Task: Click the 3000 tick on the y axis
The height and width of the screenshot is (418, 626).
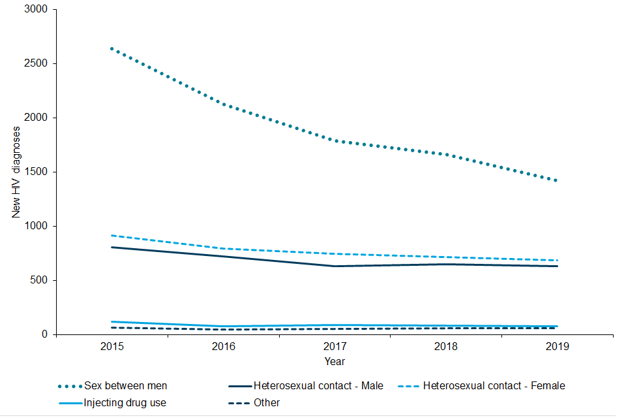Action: tap(36, 10)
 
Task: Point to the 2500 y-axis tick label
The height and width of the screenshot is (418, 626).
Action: tap(36, 64)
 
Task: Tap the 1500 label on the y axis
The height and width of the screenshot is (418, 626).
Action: tap(36, 172)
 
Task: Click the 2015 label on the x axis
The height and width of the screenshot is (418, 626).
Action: tap(112, 346)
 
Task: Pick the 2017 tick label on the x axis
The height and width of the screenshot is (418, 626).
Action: tap(335, 346)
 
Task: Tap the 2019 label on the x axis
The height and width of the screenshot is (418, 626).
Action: tap(557, 346)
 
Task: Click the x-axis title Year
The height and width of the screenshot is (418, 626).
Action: tap(335, 361)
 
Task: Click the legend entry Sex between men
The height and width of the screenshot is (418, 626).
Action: tap(126, 386)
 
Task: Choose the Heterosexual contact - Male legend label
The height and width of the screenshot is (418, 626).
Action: tap(318, 386)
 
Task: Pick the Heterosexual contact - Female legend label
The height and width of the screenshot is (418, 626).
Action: tap(494, 386)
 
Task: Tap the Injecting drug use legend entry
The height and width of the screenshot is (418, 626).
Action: tap(125, 403)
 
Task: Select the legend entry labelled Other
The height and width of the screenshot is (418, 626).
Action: tap(267, 403)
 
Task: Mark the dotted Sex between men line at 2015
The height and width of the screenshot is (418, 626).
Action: tap(112, 49)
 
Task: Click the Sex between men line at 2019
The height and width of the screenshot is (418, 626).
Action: tap(557, 181)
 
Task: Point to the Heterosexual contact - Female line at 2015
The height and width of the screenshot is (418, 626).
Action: tap(112, 235)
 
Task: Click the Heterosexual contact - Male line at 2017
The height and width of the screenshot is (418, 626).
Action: tap(335, 266)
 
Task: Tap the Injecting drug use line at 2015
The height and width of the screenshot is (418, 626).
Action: tap(112, 321)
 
